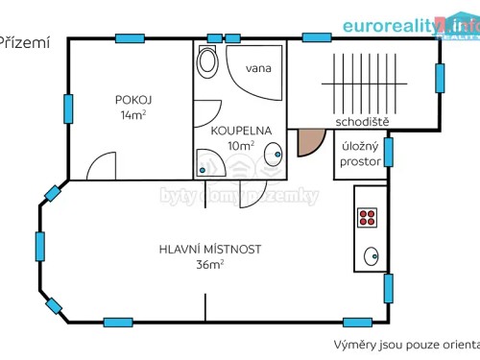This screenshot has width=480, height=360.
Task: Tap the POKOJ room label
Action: click(133, 100)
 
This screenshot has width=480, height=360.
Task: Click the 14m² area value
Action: click(133, 115)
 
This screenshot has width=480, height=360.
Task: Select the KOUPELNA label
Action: click(241, 131)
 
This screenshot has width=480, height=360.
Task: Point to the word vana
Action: click(256, 68)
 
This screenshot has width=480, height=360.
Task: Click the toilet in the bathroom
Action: click(206, 62)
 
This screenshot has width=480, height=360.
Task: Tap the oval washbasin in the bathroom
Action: click(274, 153)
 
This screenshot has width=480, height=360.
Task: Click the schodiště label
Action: click(362, 122)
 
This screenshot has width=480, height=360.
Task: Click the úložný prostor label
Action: click(360, 155)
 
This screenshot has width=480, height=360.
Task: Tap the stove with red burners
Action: click(368, 217)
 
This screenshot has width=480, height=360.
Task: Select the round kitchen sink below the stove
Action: click(371, 256)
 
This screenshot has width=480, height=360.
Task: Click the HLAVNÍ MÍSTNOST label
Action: click(210, 249)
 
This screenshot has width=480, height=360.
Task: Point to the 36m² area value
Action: click(210, 264)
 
